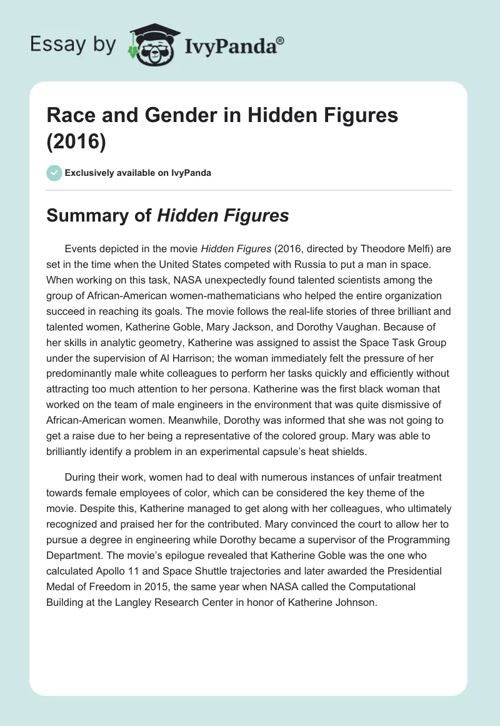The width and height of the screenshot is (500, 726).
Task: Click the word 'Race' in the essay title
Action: click(69, 115)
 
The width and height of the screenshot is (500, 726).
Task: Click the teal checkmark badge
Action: click(55, 173)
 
